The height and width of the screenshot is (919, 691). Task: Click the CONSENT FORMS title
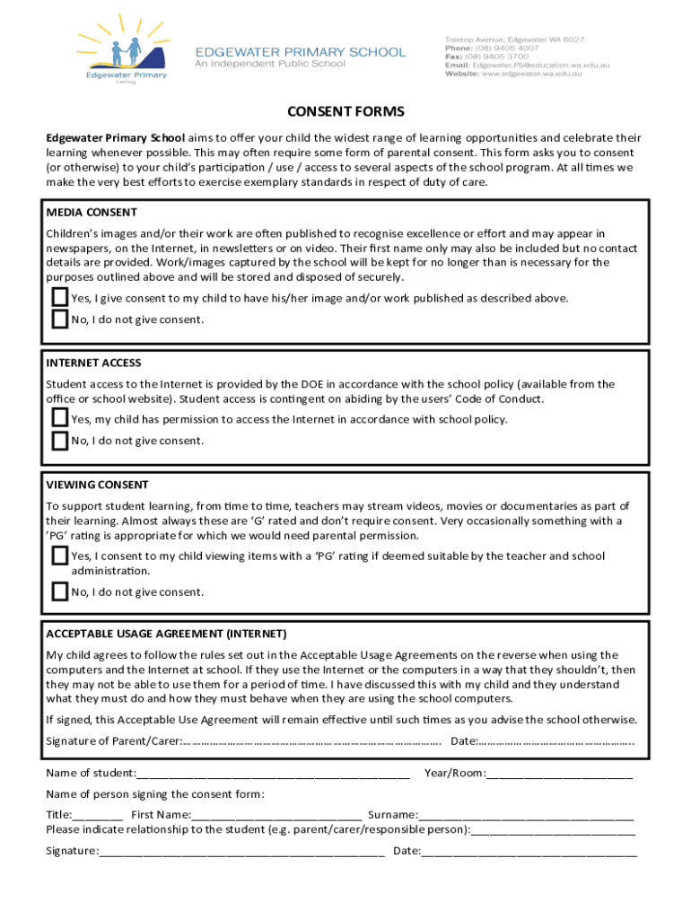pos(345,112)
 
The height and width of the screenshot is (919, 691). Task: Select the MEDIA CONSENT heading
pos(92,213)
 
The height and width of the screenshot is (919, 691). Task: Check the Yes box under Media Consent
pos(59,297)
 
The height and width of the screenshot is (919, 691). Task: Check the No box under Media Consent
pos(59,319)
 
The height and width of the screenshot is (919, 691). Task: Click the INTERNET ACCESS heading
pos(93,363)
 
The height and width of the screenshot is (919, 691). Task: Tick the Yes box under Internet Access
pos(59,418)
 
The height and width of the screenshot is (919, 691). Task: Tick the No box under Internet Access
pos(59,440)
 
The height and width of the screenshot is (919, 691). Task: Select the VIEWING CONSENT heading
pos(97,485)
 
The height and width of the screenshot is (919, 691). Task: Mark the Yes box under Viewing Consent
pos(59,556)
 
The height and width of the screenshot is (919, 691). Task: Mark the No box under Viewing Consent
pos(59,591)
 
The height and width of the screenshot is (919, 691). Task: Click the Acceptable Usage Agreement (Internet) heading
pos(166,633)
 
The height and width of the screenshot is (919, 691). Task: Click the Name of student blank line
pos(273,774)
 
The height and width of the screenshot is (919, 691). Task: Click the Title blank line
pos(98,815)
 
